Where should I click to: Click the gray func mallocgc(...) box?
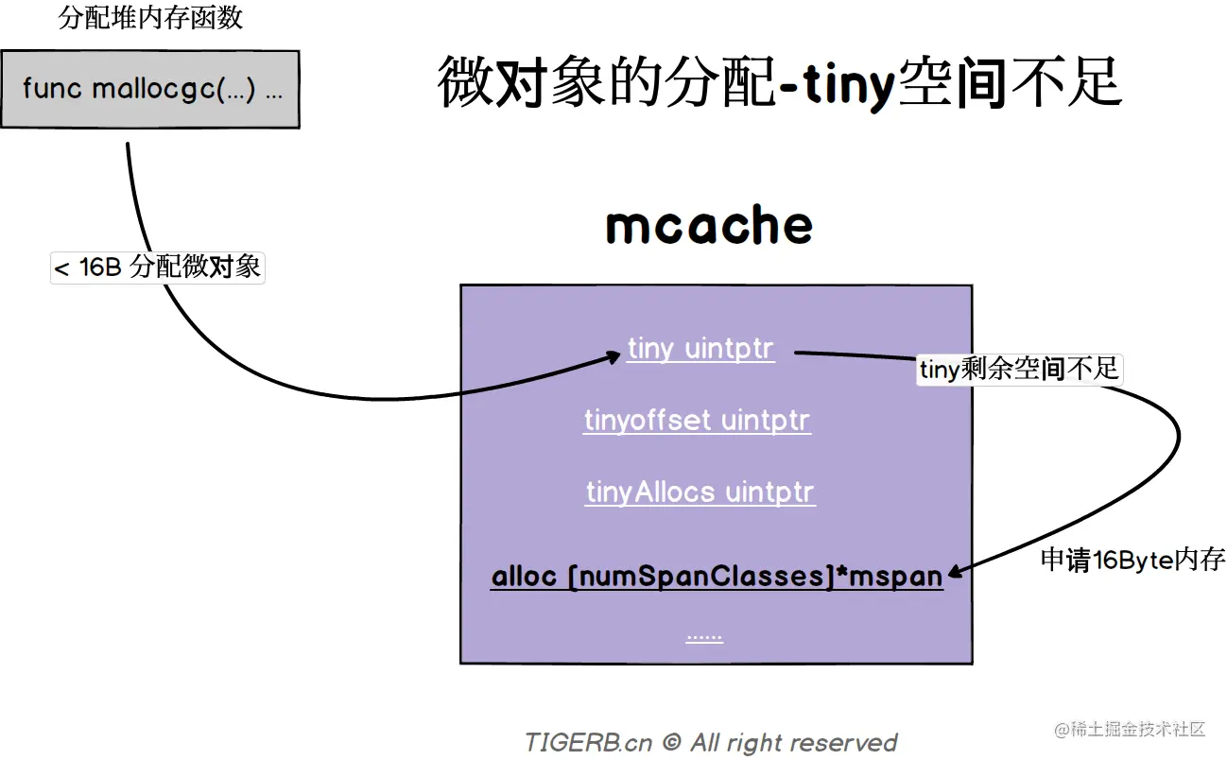tap(150, 89)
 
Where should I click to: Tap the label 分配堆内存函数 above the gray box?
tap(150, 19)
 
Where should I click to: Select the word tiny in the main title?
tap(848, 84)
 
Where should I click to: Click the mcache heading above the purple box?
tap(709, 225)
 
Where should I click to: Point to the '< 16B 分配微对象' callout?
tap(157, 268)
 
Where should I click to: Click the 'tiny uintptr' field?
tap(700, 349)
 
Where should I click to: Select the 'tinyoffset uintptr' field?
tap(697, 420)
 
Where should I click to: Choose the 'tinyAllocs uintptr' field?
tap(700, 492)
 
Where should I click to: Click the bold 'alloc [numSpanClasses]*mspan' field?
tap(717, 577)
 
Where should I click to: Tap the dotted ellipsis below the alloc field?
tap(704, 636)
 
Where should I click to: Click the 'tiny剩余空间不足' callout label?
tap(1019, 369)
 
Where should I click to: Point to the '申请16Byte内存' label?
tap(1132, 560)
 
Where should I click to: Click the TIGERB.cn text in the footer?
tap(588, 743)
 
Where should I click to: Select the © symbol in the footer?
tap(671, 743)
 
